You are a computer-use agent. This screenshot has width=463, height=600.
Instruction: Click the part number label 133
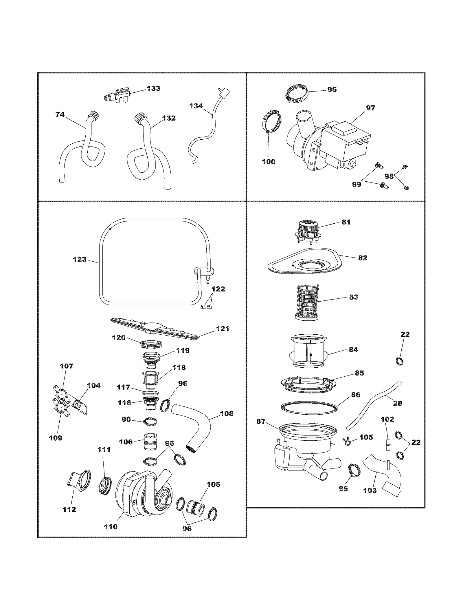153,88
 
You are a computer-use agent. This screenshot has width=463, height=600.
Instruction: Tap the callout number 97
370,108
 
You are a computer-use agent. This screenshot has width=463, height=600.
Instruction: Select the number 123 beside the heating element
80,260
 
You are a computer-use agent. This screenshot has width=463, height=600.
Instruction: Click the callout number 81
346,222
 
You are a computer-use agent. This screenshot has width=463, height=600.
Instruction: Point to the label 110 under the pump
111,527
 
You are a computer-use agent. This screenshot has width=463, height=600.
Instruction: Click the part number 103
370,490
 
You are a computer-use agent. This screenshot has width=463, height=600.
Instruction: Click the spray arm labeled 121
156,329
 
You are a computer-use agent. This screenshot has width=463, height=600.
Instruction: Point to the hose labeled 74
84,145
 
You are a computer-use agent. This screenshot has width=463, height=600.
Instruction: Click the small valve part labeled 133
117,94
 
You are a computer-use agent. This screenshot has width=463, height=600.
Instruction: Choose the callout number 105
366,437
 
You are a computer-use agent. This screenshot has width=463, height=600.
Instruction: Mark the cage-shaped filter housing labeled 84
308,351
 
